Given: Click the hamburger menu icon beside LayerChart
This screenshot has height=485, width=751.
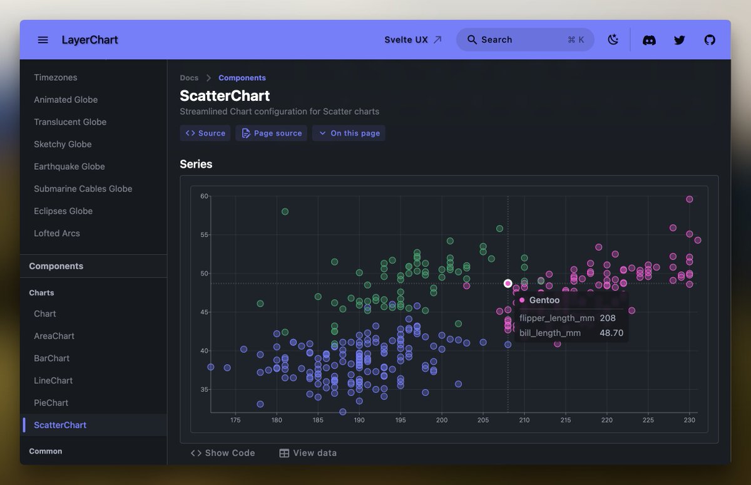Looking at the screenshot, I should (43, 40).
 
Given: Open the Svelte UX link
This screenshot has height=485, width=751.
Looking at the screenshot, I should (413, 39).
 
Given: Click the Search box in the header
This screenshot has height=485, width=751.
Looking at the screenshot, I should (524, 39).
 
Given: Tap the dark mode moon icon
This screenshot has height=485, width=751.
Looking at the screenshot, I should (613, 40).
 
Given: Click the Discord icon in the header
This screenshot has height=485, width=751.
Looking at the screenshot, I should (649, 40).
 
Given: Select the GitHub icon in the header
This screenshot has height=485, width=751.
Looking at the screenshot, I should (709, 40).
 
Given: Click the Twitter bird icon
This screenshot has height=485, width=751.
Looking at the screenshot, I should (679, 40).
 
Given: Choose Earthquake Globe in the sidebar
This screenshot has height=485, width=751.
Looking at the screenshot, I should (69, 167).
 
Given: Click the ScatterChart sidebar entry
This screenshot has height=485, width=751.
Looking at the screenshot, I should (60, 425).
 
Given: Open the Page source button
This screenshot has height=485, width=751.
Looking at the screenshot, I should (272, 133).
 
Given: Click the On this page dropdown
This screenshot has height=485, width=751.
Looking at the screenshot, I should (349, 133).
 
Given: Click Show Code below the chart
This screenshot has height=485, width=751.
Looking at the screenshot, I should (223, 453).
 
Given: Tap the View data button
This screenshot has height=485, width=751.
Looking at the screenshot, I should (308, 453).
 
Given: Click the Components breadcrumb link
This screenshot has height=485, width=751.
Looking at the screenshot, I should (242, 78).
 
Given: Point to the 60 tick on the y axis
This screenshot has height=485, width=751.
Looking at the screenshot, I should (204, 196).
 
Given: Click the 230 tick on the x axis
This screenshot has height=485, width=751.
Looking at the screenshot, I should (689, 420).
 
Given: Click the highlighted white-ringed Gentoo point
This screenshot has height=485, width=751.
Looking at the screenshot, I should (508, 283).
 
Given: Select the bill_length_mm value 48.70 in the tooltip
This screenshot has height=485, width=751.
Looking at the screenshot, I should (611, 333).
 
